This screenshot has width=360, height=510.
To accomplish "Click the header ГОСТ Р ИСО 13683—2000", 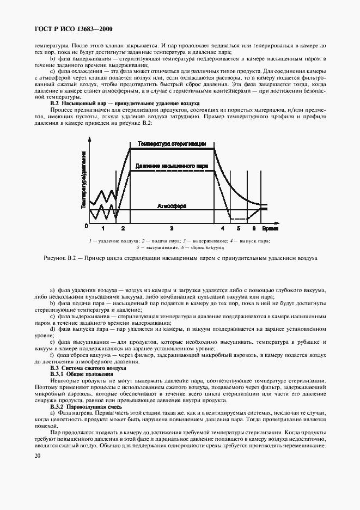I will coord(74,28).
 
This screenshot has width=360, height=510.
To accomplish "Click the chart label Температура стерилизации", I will coord(172,144).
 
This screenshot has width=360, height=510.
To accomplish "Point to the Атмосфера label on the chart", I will coord(172,207).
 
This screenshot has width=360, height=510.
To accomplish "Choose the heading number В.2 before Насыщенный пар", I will coord(54,103).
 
